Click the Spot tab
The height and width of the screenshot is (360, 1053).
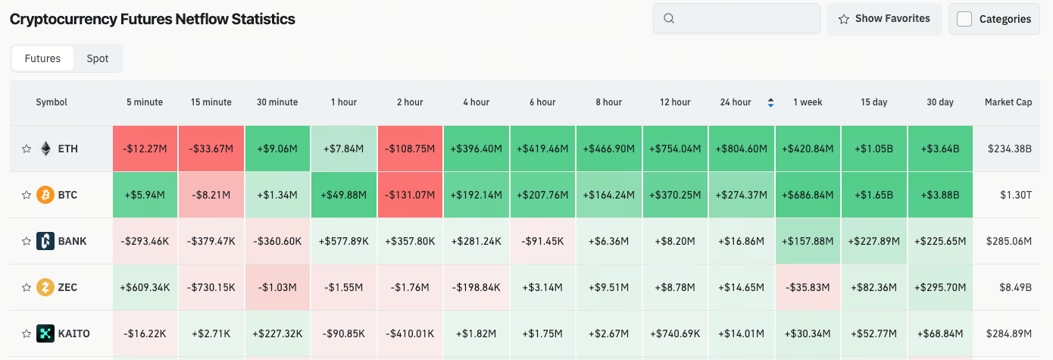pyautogui.click(x=97, y=58)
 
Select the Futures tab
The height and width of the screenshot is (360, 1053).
pyautogui.click(x=42, y=58)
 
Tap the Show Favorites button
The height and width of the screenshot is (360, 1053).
pyautogui.click(x=884, y=19)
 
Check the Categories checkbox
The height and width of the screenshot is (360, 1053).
pyautogui.click(x=964, y=19)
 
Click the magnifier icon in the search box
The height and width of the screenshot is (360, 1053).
pyautogui.click(x=669, y=18)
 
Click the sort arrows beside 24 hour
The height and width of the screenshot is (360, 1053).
pyautogui.click(x=770, y=102)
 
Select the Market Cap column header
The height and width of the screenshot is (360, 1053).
pyautogui.click(x=1008, y=102)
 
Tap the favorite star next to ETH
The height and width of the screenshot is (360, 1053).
pyautogui.click(x=27, y=149)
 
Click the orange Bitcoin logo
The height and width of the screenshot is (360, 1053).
pyautogui.click(x=45, y=195)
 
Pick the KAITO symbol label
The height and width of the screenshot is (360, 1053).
pyautogui.click(x=73, y=333)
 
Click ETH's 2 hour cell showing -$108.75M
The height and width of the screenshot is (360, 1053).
pyautogui.click(x=410, y=149)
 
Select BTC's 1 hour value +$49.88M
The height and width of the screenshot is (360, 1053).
pyautogui.click(x=344, y=195)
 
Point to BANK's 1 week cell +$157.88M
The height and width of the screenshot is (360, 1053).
pyautogui.click(x=808, y=241)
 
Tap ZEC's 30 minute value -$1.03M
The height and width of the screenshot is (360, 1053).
pyautogui.click(x=277, y=287)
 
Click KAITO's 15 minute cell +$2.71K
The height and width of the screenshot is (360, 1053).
pyautogui.click(x=211, y=333)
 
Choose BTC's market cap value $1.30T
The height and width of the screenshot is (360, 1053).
pyautogui.click(x=1016, y=195)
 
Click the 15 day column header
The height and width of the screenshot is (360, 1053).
pyautogui.click(x=874, y=102)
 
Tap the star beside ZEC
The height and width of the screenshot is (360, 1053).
pyautogui.click(x=27, y=287)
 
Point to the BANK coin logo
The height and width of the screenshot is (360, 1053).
pyautogui.click(x=45, y=241)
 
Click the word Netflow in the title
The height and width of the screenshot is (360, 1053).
pyautogui.click(x=202, y=19)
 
